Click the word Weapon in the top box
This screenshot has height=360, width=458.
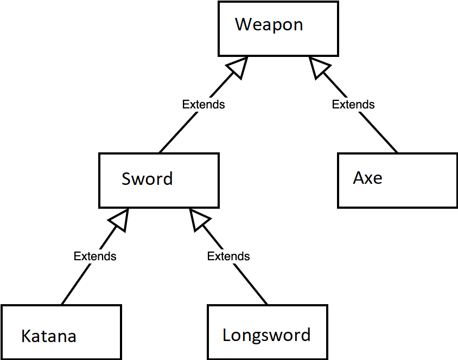tap(269, 25)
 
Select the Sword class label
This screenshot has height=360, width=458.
tap(147, 179)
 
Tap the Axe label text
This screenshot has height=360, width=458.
tap(367, 178)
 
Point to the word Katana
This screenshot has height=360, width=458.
tap(48, 336)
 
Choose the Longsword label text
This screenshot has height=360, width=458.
tap(266, 335)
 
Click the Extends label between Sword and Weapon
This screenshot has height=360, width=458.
tap(203, 104)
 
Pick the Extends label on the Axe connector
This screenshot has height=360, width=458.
tap(353, 104)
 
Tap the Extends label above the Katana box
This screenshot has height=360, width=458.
tap(95, 256)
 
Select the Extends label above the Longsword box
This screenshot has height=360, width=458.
tap(228, 256)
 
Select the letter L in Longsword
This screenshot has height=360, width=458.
tap(226, 335)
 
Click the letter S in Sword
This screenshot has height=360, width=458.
tap(126, 179)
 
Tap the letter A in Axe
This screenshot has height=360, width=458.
tap(359, 178)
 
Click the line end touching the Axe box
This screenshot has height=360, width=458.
tap(397, 152)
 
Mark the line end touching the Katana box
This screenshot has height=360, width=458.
tap(62, 304)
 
